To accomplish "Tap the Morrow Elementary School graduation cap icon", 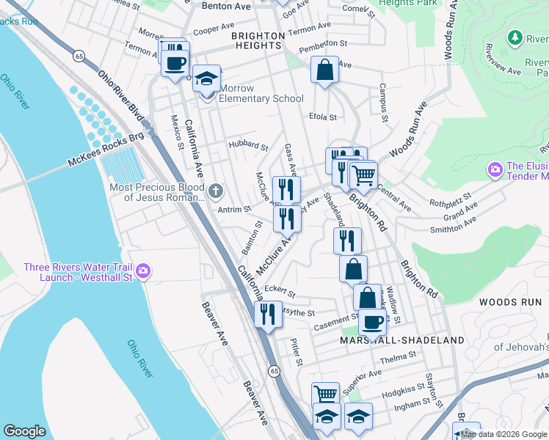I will [207, 78].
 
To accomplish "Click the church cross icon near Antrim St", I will [215, 192].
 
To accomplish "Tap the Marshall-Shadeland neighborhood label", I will [402, 340].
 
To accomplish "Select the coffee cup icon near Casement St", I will [373, 321].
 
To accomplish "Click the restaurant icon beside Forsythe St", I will [267, 315].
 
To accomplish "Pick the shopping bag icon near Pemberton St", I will [324, 70].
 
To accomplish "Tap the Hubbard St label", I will [247, 145].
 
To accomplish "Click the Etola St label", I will [322, 117].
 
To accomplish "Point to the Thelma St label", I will [399, 359].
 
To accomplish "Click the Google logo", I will [24, 431].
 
